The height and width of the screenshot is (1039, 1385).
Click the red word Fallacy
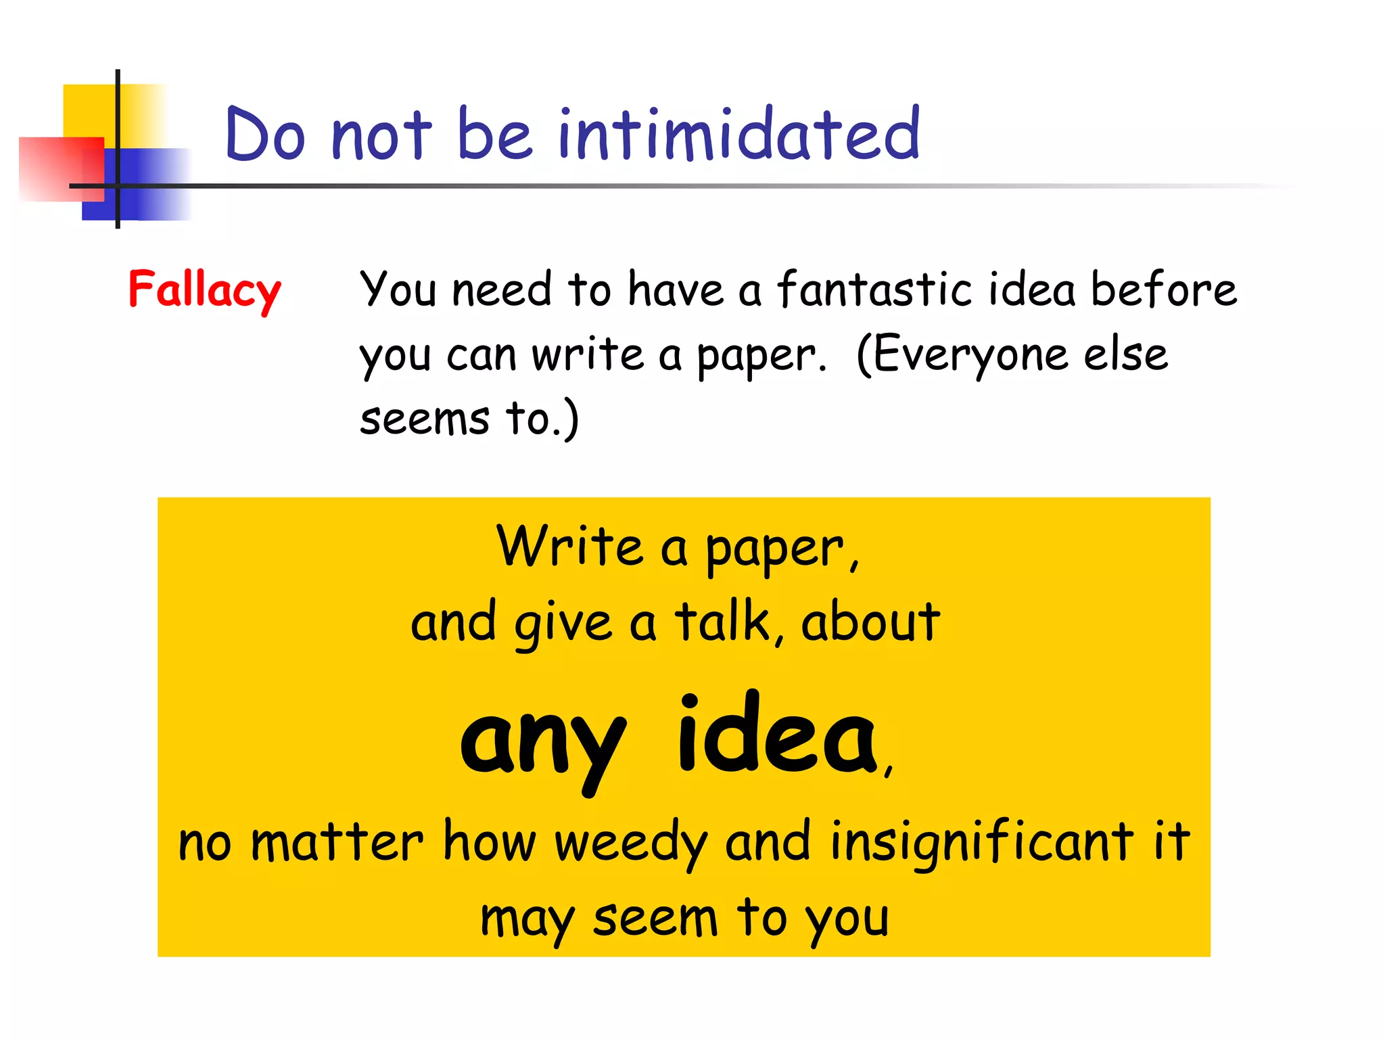tap(204, 290)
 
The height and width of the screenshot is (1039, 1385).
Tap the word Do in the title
tap(265, 135)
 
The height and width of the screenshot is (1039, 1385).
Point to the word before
tap(1164, 289)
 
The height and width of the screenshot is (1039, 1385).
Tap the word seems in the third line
tap(424, 419)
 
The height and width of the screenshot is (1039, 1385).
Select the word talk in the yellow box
tap(722, 622)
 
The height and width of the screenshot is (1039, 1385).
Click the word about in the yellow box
tap(870, 622)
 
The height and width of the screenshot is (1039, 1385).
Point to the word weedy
tap(631, 843)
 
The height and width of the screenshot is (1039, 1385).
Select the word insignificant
tap(981, 843)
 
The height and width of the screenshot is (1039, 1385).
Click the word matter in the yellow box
tap(337, 843)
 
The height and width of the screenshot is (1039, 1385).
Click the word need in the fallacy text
tap(501, 289)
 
